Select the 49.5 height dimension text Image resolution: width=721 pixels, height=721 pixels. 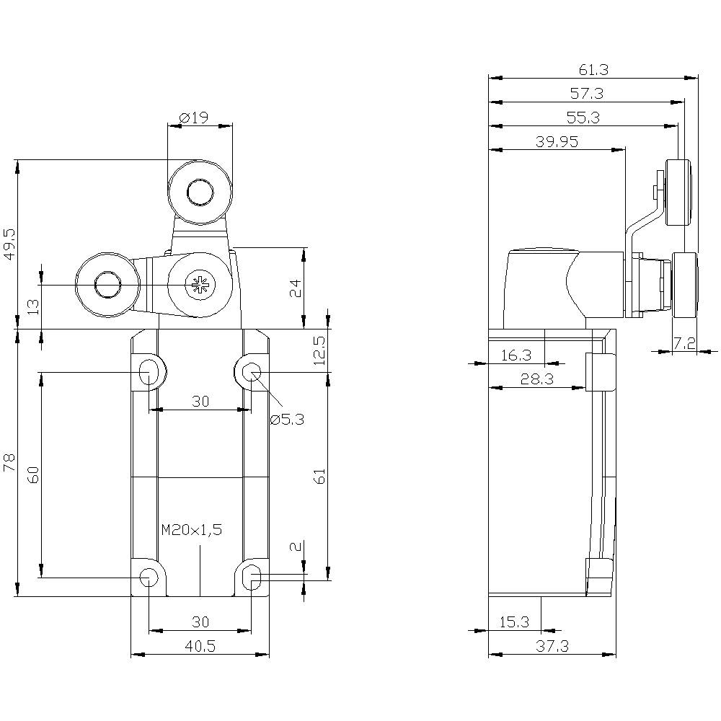(x=9, y=245)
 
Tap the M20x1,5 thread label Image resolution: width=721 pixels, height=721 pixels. (x=191, y=530)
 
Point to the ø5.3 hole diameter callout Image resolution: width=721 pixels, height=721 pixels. (x=287, y=418)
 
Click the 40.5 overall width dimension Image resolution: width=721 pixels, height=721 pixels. (x=200, y=646)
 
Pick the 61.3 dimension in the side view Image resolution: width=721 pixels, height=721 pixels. (x=593, y=69)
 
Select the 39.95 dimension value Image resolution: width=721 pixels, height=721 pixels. (x=557, y=141)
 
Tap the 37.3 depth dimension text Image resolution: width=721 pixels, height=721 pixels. (x=553, y=647)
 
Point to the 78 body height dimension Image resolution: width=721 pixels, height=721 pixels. (x=9, y=463)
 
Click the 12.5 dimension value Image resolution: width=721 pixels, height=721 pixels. (x=320, y=350)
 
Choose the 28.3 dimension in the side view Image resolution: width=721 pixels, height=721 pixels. (x=536, y=379)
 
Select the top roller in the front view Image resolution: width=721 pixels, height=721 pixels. (x=200, y=193)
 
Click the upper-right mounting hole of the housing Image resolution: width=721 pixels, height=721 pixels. (x=252, y=372)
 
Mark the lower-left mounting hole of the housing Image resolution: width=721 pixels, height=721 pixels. (x=149, y=577)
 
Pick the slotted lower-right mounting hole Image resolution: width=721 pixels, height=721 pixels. (x=252, y=577)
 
